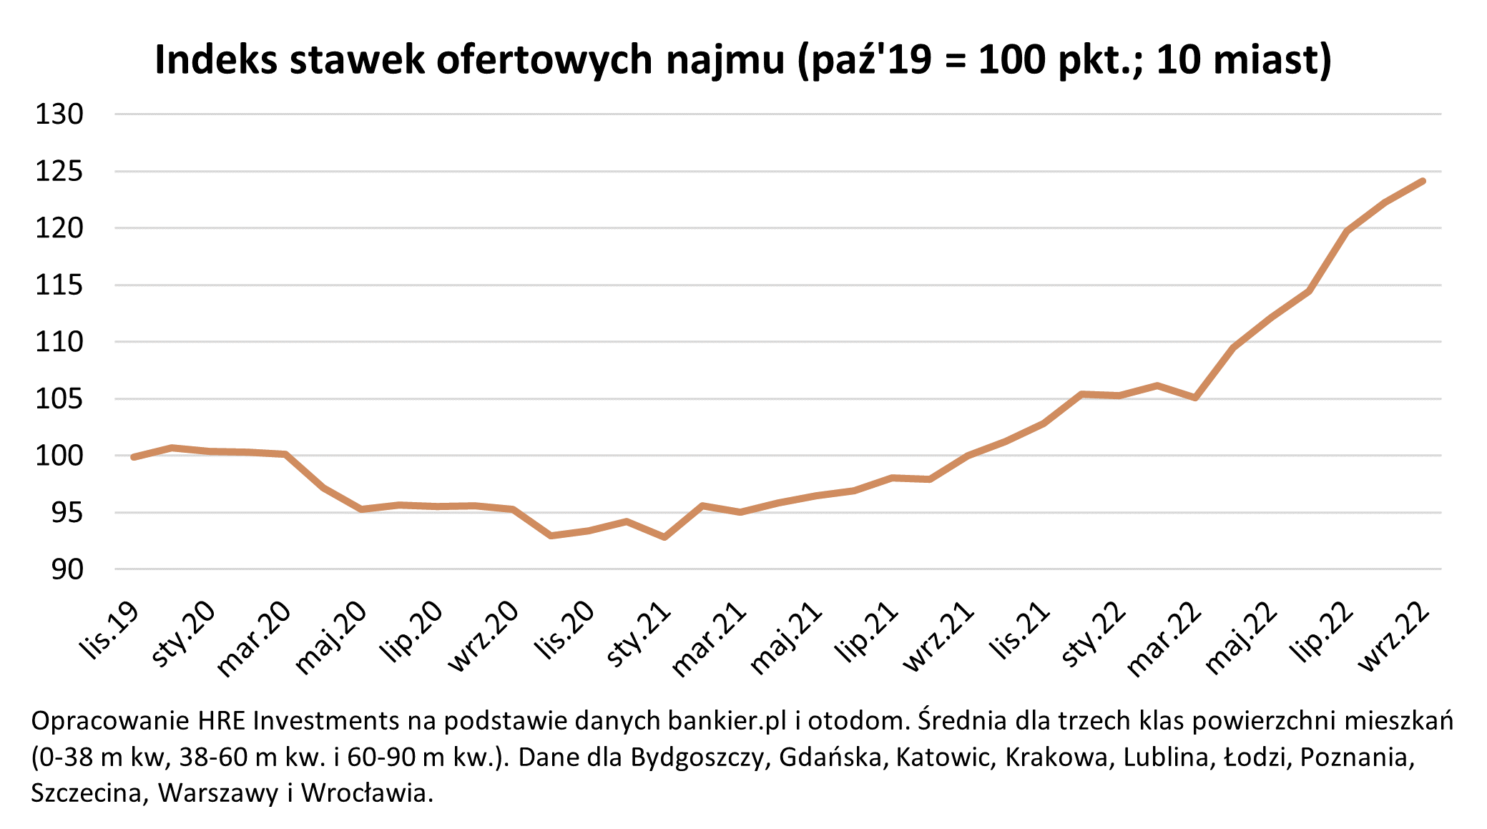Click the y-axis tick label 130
coord(59,114)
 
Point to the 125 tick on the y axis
coord(59,172)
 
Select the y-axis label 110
coord(59,342)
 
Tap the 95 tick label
coord(67,513)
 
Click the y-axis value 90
coord(67,569)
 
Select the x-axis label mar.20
coord(254,639)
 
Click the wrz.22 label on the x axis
coord(1393,637)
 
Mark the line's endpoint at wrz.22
coord(1423,181)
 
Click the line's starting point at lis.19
coord(134,457)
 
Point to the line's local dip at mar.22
coord(1195,398)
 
